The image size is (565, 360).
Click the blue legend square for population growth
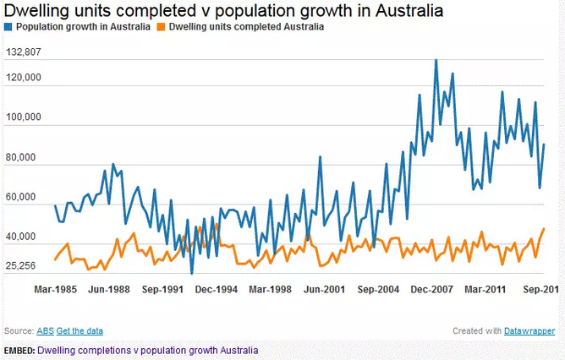pyautogui.click(x=8, y=27)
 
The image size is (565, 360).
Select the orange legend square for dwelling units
pyautogui.click(x=162, y=27)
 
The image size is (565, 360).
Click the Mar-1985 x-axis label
pyautogui.click(x=55, y=290)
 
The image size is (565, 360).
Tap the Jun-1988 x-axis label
pyautogui.click(x=108, y=290)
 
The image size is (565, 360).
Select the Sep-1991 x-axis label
pyautogui.click(x=162, y=290)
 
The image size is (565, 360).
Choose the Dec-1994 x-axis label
pyautogui.click(x=216, y=290)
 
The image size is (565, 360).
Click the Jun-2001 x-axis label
pyautogui.click(x=324, y=290)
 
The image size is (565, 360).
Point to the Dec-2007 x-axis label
pyautogui.click(x=432, y=290)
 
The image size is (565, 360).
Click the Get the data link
pyautogui.click(x=80, y=330)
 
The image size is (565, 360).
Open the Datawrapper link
pyautogui.click(x=529, y=331)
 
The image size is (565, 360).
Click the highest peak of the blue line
pyautogui.click(x=436, y=60)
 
